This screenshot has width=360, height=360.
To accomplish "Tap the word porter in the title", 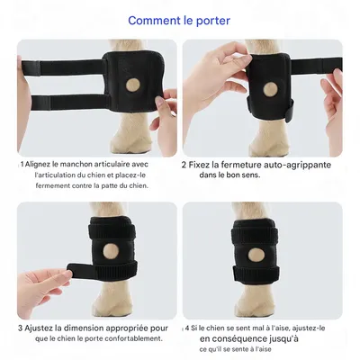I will tap(212, 20).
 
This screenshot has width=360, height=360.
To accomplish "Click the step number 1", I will tap(22, 165).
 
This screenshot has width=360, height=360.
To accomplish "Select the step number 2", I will tap(184, 165).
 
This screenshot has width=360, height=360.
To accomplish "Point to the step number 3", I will tap(21, 328).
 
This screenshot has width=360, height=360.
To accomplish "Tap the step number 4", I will tap(187, 328).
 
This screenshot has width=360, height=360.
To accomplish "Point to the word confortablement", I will tap(135, 339).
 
